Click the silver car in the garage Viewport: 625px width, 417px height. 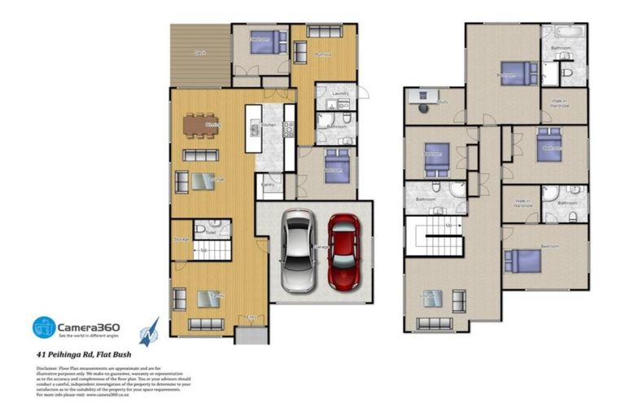(x=297, y=251)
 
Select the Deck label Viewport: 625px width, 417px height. (x=199, y=53)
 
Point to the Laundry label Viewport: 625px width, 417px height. (x=339, y=94)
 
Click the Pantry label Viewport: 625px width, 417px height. (x=268, y=186)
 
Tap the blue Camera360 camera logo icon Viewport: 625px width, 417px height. (x=44, y=327)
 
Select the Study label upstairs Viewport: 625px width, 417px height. (x=444, y=103)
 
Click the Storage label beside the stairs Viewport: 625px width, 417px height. (x=181, y=239)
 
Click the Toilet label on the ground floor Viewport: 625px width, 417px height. (x=210, y=233)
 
